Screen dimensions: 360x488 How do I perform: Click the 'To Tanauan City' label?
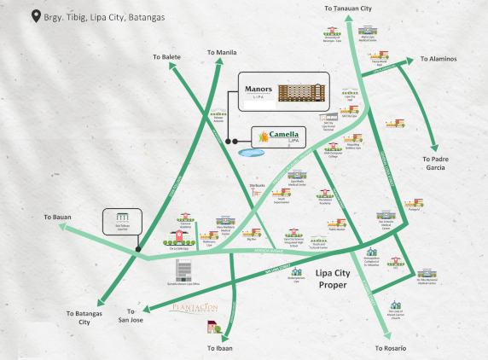[x=348, y=8]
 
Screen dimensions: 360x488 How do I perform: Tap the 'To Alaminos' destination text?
[x=438, y=60]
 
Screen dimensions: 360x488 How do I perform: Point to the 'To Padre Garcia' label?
[x=442, y=164]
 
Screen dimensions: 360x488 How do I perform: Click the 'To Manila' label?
[x=222, y=53]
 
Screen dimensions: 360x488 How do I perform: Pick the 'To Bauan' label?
[x=59, y=218]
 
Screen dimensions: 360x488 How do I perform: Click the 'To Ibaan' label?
[x=220, y=350]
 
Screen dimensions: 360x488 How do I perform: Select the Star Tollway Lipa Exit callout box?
[x=120, y=222]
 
